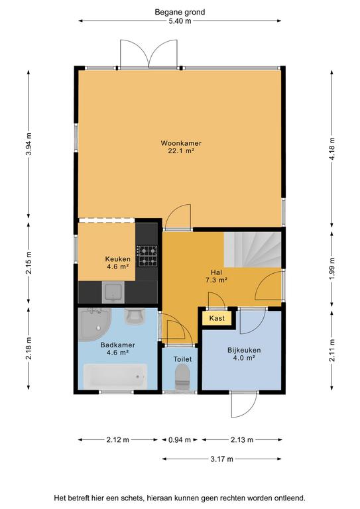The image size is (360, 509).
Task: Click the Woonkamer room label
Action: coord(181,143)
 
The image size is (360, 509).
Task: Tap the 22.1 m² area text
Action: coord(181,150)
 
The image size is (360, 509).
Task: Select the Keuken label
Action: coord(117,259)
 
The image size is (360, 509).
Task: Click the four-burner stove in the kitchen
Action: coord(148,256)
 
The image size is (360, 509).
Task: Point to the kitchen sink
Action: coord(113,292)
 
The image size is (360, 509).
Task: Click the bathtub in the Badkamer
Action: coord(115,376)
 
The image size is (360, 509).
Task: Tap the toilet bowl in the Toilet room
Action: coord(182,376)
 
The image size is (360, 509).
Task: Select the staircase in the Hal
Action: coord(252,249)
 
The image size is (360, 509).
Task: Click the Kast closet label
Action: coord(217,318)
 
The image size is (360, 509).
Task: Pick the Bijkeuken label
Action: coord(244,350)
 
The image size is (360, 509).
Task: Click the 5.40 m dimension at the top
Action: coord(179,21)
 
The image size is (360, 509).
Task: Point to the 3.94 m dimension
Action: coord(29,144)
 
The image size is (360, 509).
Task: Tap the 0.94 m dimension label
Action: coord(180,440)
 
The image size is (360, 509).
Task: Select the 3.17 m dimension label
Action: coord(221,459)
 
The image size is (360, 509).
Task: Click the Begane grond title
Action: coord(180,13)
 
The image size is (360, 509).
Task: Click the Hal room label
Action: coord(216,272)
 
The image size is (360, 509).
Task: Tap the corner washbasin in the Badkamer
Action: coord(94,324)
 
